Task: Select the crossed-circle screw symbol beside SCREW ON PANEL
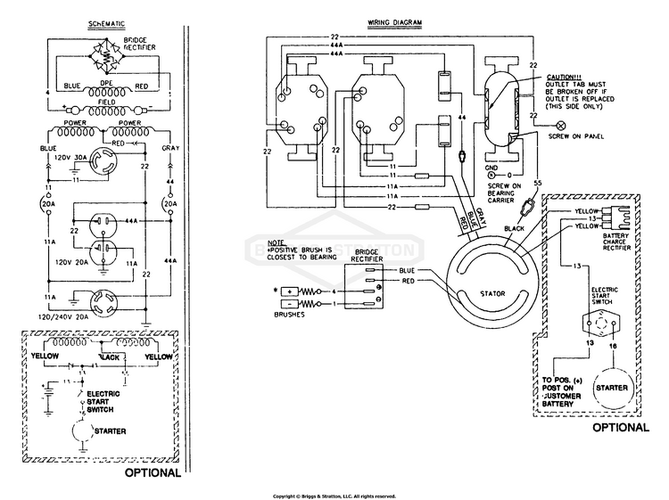coord(560,126)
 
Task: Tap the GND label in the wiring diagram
coord(491,167)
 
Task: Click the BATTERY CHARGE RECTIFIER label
coord(624,244)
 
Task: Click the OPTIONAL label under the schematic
coord(153,471)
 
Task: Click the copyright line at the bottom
coord(334,496)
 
